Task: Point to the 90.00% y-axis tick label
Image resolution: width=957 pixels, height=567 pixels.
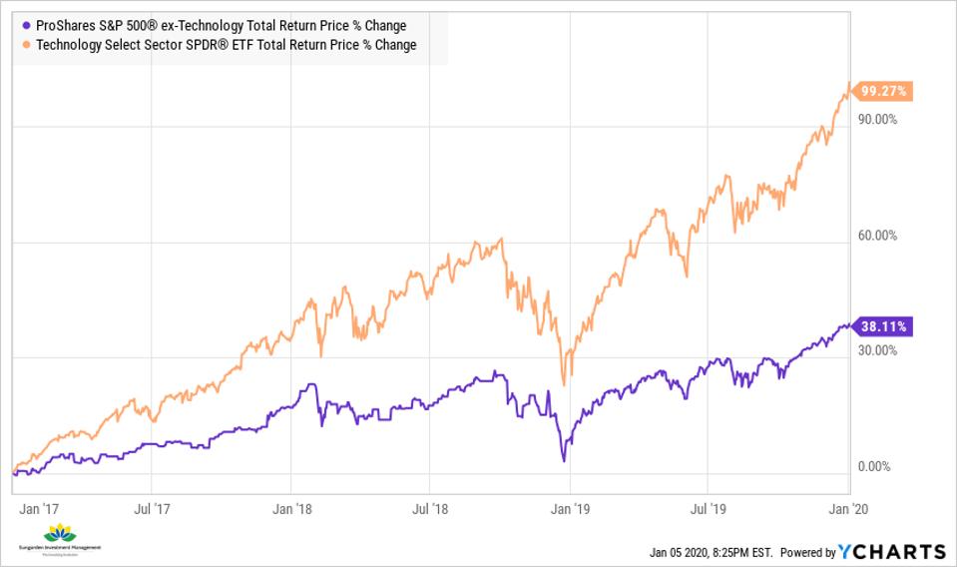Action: [879, 120]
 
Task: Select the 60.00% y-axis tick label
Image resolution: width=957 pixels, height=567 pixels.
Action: [879, 237]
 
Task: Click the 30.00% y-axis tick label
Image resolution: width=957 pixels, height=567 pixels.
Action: [879, 351]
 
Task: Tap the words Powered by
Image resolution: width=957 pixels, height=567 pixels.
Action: [808, 552]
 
